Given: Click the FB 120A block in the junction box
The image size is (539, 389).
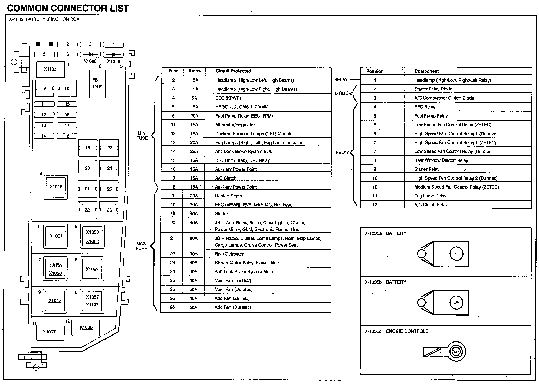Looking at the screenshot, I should pyautogui.click(x=97, y=84).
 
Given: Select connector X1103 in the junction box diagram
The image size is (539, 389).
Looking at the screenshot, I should pyautogui.click(x=50, y=69).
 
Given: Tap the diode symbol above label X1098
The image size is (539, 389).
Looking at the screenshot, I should pyautogui.click(x=90, y=55).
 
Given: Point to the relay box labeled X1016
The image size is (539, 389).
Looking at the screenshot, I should pyautogui.click(x=56, y=187).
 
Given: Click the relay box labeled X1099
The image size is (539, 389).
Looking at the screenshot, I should pyautogui.click(x=92, y=269).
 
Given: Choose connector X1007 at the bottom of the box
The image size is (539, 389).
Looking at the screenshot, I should pyautogui.click(x=50, y=332).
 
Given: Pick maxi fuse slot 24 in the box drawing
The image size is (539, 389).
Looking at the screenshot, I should pyautogui.click(x=109, y=168).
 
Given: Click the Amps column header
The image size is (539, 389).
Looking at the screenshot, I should pyautogui.click(x=194, y=71).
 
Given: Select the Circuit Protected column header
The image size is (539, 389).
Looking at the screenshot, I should pyautogui.click(x=233, y=71).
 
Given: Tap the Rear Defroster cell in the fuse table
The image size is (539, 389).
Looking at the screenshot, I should pyautogui.click(x=229, y=254).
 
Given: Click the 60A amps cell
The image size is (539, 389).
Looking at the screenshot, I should pyautogui.click(x=193, y=272).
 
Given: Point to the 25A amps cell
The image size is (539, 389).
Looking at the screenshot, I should pyautogui.click(x=194, y=152).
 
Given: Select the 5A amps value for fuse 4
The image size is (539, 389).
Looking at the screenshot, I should pyautogui.click(x=194, y=98).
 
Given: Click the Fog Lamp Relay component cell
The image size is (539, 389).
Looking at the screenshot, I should pyautogui.click(x=430, y=196).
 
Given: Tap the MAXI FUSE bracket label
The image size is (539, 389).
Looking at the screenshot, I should pyautogui.click(x=142, y=246).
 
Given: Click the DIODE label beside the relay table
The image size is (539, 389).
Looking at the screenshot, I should pyautogui.click(x=341, y=93).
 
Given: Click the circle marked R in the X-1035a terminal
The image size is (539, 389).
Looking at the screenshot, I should pyautogui.click(x=456, y=254).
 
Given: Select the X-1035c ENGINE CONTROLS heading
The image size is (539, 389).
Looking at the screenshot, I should pyautogui.click(x=396, y=331).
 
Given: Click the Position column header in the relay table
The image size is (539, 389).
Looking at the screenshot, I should pyautogui.click(x=375, y=71).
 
